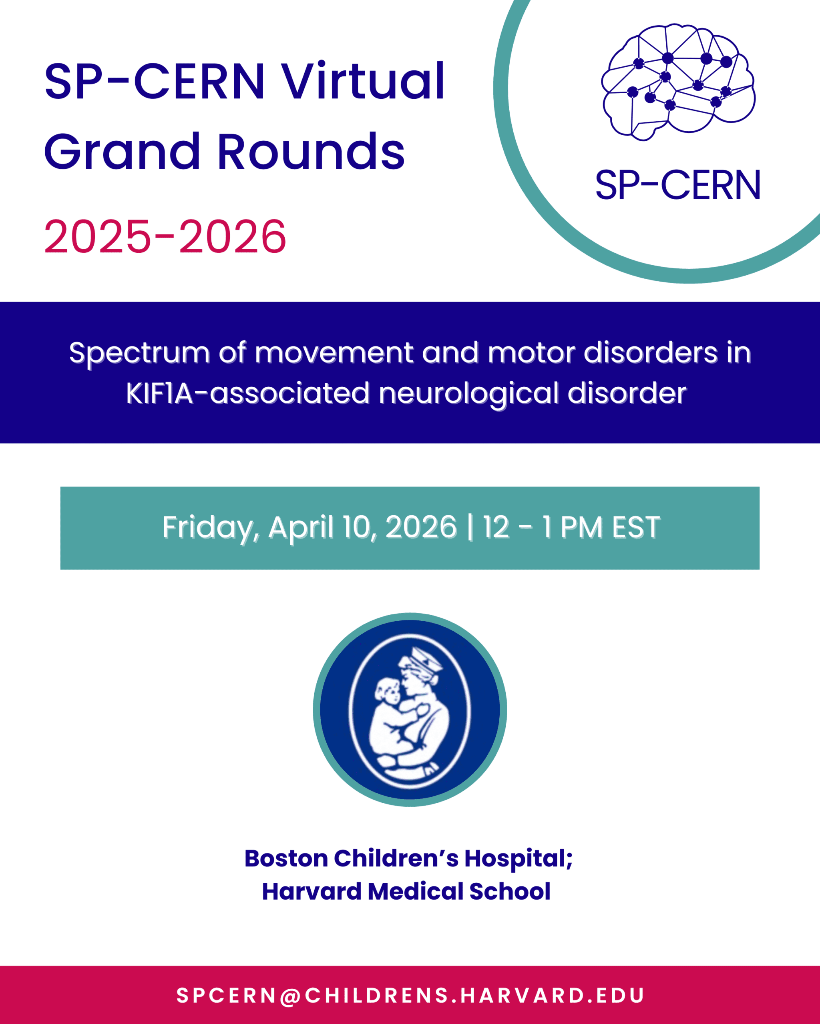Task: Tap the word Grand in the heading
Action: [122, 152]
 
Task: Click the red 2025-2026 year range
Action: [165, 236]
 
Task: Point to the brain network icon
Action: [678, 82]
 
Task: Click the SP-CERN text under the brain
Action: [678, 185]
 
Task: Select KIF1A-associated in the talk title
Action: [248, 394]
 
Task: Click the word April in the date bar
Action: [301, 528]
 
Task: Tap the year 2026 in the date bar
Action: [421, 527]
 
